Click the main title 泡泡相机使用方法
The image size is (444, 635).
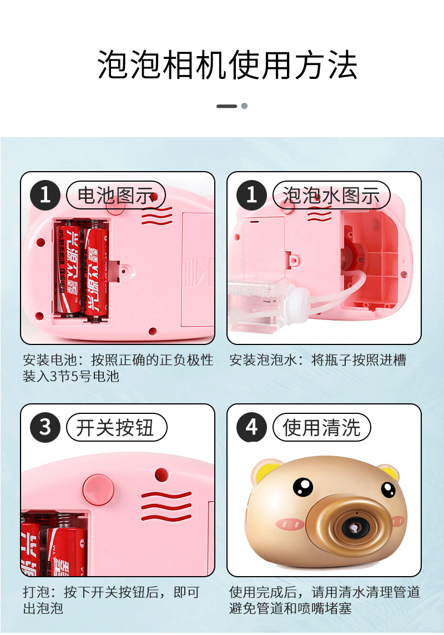[x=228, y=65]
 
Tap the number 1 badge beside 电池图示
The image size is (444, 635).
[x=45, y=196]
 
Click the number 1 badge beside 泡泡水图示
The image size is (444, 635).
[x=251, y=196]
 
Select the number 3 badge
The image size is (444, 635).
[x=45, y=427]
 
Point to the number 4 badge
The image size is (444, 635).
[x=251, y=427]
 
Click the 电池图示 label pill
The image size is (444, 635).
[x=115, y=196]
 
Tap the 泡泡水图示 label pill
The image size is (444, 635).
[x=331, y=196]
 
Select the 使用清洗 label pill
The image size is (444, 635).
[x=321, y=427]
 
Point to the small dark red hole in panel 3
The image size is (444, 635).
[x=162, y=474]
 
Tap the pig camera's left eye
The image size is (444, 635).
[x=302, y=487]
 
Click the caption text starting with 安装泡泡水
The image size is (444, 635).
[x=317, y=360]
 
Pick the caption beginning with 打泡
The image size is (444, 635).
[x=111, y=600]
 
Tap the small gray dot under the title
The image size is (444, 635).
[x=244, y=106]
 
